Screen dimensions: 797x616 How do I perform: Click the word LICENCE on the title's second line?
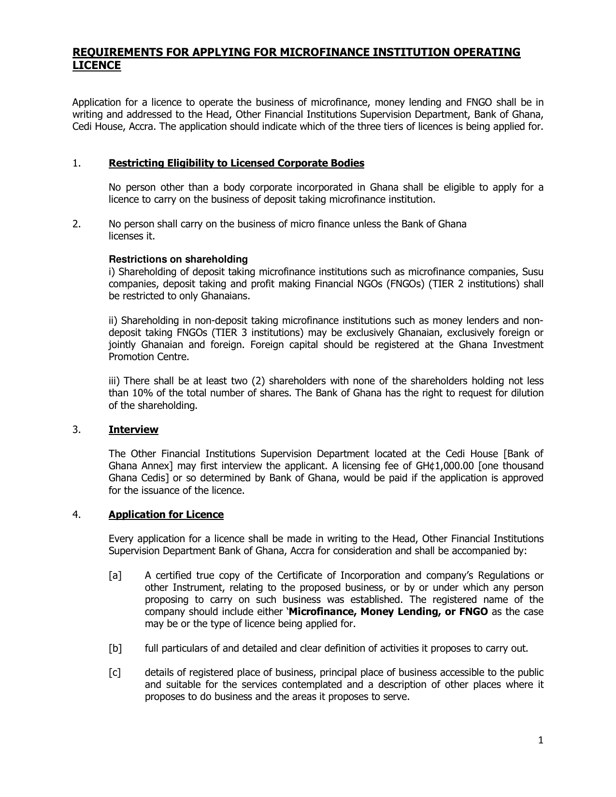click(96, 66)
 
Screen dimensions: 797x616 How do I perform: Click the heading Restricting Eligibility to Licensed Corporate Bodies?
click(236, 163)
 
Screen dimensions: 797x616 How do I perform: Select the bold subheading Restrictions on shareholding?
click(178, 260)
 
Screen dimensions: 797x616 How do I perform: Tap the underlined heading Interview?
click(133, 430)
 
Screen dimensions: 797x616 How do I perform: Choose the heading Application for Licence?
click(166, 515)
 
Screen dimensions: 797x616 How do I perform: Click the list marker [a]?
click(115, 575)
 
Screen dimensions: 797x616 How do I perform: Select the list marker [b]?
click(115, 648)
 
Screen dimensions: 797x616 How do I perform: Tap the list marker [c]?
click(115, 672)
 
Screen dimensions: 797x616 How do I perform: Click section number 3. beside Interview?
click(76, 430)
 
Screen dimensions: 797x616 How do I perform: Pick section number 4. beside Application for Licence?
click(76, 515)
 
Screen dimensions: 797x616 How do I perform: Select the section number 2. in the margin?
click(76, 224)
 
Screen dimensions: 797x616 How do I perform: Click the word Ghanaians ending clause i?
click(225, 296)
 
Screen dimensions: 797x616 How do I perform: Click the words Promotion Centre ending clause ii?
click(148, 357)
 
